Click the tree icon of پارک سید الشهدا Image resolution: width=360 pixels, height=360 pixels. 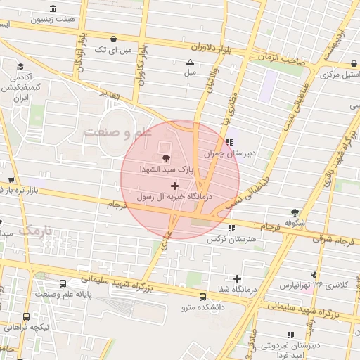click(x=166, y=157)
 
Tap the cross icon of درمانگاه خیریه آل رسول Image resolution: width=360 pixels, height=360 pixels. click(x=174, y=186)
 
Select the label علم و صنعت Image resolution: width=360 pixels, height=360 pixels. click(x=114, y=132)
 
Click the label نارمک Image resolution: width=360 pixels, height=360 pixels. click(x=35, y=230)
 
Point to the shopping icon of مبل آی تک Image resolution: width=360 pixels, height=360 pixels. click(x=114, y=38)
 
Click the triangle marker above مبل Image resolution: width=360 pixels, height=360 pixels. click(x=190, y=62)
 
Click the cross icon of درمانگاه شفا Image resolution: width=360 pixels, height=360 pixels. click(x=236, y=278)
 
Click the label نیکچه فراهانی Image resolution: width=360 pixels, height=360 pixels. click(x=26, y=328)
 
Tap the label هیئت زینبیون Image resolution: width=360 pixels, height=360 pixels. click(x=55, y=20)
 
